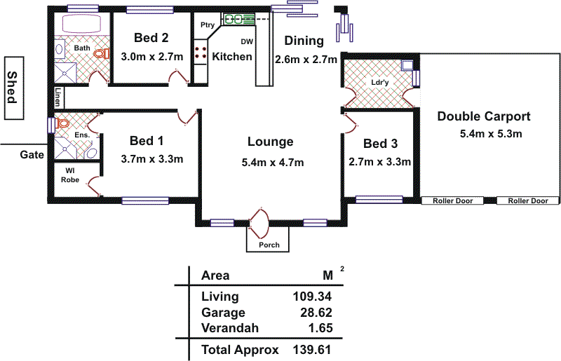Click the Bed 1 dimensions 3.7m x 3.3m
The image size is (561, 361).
click(152, 158)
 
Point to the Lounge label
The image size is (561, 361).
click(270, 142)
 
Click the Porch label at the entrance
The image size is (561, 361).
click(269, 245)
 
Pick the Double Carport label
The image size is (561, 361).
click(484, 116)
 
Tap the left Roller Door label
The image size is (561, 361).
click(452, 200)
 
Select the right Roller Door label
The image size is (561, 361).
click(529, 200)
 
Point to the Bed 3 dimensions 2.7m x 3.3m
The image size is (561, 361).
click(379, 162)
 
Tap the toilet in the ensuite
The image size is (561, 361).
click(63, 123)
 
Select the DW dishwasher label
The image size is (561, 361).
click(247, 41)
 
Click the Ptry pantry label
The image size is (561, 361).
click(207, 25)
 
